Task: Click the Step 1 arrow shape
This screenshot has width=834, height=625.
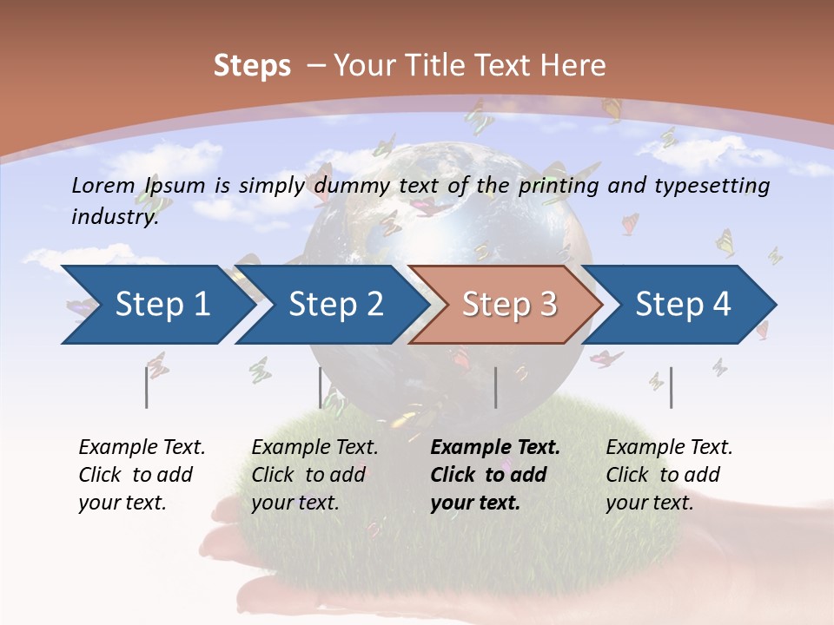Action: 162,305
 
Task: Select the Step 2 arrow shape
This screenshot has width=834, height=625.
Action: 335,305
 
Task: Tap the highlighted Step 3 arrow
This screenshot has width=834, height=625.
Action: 509,305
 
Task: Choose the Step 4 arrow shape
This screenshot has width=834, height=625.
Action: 683,305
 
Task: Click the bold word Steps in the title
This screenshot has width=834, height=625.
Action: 252,66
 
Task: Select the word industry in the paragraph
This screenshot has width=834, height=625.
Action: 115,217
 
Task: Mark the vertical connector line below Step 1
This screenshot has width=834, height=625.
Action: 147,387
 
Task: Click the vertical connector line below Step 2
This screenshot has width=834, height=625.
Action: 321,387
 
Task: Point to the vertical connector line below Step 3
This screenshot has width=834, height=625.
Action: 496,387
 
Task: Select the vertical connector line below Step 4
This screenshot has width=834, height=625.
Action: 672,387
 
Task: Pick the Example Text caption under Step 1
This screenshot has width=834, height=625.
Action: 142,475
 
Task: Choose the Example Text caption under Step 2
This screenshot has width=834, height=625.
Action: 314,475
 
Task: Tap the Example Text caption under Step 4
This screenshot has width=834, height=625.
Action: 669,475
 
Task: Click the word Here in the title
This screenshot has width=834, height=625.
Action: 573,66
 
